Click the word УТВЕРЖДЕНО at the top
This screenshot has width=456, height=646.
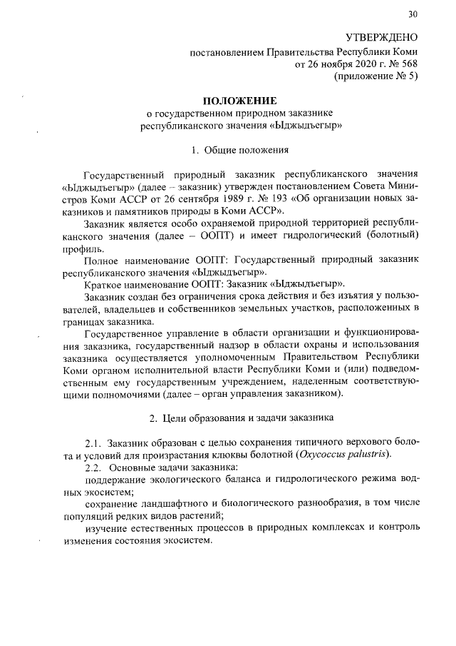click(x=382, y=36)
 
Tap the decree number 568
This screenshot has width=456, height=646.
click(x=408, y=64)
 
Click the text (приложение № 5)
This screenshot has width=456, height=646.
click(x=375, y=76)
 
